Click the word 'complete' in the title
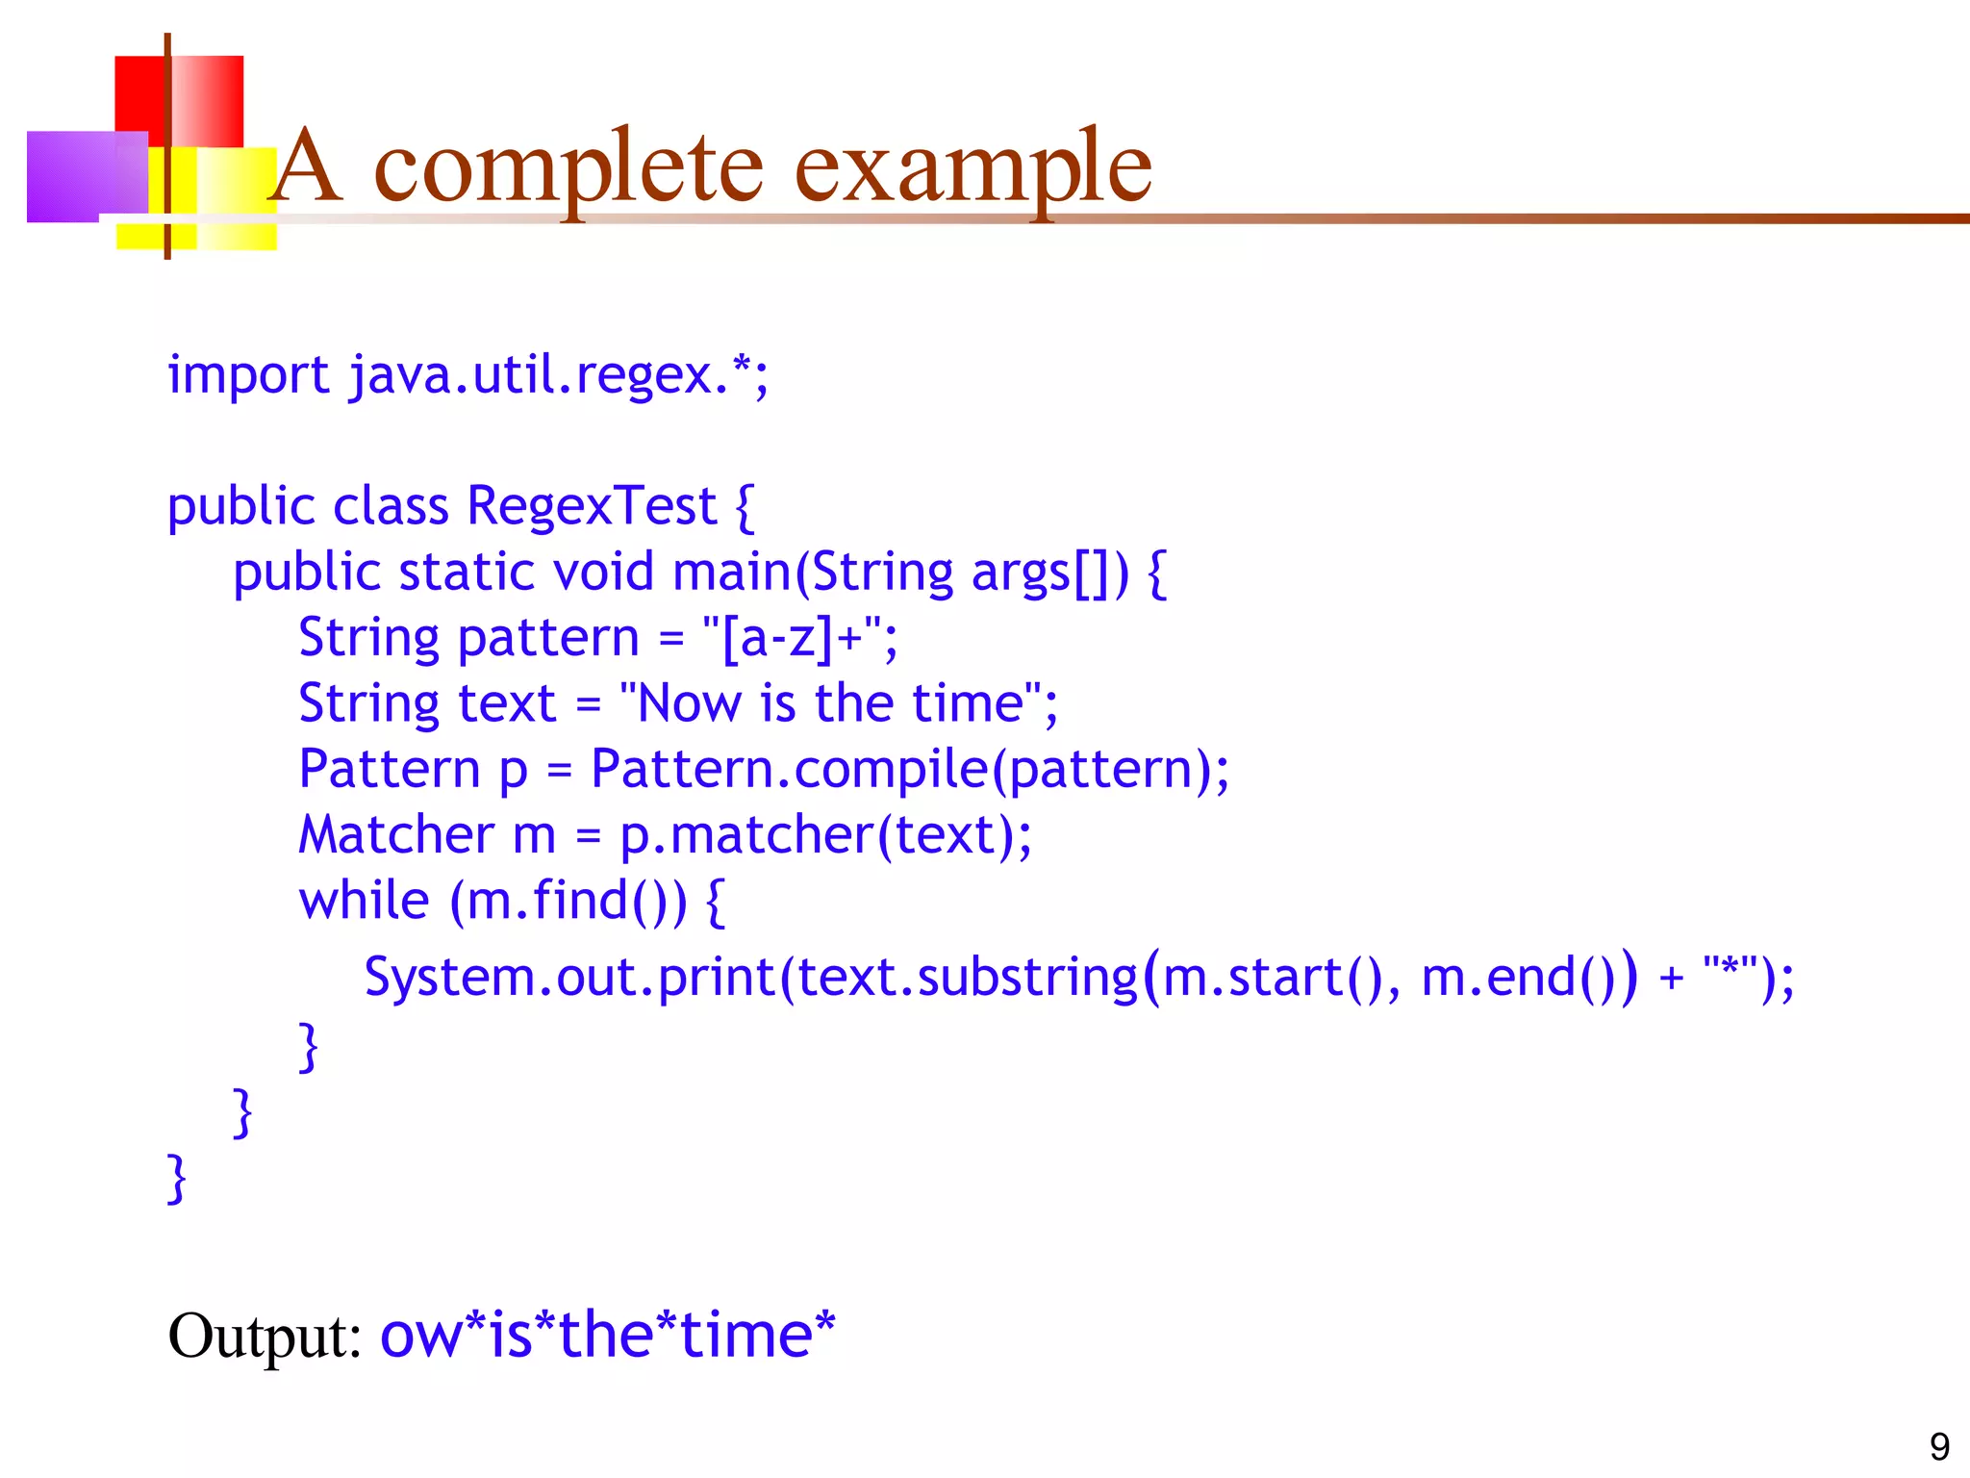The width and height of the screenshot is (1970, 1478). tap(568, 168)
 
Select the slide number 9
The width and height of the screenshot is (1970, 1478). tap(1939, 1446)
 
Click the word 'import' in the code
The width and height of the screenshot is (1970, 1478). tap(248, 374)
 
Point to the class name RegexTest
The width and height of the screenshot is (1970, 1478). tap(592, 506)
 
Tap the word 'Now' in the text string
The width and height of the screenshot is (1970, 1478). tap(689, 703)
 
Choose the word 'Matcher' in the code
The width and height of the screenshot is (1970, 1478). tap(396, 835)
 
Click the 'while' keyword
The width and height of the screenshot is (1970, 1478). tap(364, 901)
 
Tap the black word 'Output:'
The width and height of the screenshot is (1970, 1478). tap(265, 1337)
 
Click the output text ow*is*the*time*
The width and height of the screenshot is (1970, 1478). tap(608, 1335)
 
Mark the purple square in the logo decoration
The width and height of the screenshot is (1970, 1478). tap(87, 176)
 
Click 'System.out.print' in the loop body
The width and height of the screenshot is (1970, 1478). tap(569, 978)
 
